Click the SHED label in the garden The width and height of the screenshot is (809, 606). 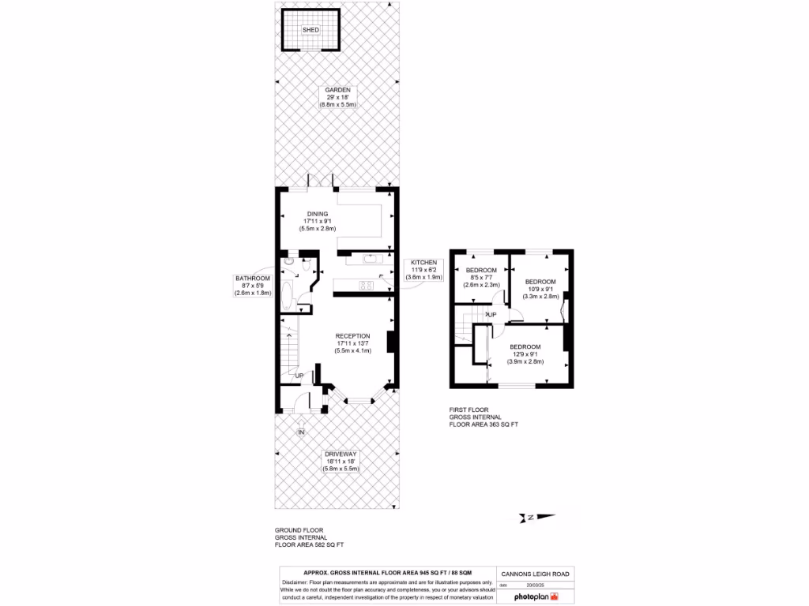pyautogui.click(x=310, y=30)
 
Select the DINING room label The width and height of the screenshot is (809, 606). pyautogui.click(x=318, y=214)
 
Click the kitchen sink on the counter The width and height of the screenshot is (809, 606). pyautogui.click(x=370, y=258)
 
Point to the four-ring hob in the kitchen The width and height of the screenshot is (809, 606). pyautogui.click(x=367, y=286)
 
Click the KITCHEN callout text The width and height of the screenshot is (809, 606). pyautogui.click(x=423, y=263)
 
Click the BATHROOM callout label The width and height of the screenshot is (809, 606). pyautogui.click(x=252, y=279)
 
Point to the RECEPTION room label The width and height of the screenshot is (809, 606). pyautogui.click(x=352, y=336)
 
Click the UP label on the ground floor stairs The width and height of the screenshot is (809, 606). pyautogui.click(x=299, y=376)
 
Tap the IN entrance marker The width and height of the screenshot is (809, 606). pyautogui.click(x=301, y=432)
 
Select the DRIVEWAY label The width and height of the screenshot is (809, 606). pyautogui.click(x=340, y=454)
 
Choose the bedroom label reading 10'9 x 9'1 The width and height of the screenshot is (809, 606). pyautogui.click(x=540, y=282)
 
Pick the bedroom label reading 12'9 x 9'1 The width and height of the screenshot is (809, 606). pyautogui.click(x=525, y=347)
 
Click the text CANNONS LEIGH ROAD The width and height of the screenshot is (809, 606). pyautogui.click(x=535, y=574)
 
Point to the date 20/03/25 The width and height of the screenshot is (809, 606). pyautogui.click(x=535, y=585)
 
